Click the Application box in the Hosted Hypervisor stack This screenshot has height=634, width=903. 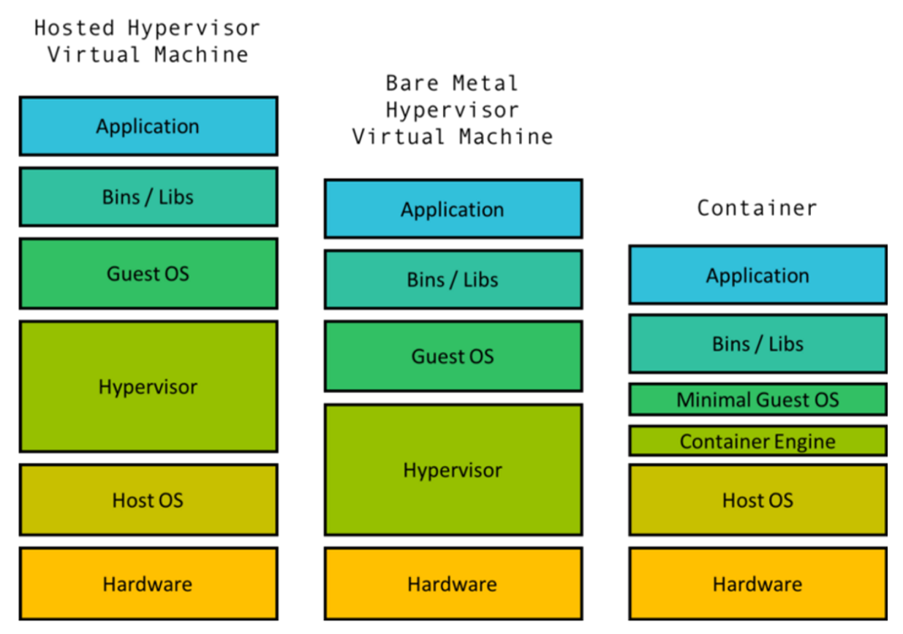148,126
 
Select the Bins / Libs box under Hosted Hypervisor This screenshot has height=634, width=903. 148,196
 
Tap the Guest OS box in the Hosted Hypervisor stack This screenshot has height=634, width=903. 148,273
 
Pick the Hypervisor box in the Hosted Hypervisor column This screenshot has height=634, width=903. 148,386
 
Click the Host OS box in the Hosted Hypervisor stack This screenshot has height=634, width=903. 148,500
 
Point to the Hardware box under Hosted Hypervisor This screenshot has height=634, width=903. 148,584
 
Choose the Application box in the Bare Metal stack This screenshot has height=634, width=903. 453,209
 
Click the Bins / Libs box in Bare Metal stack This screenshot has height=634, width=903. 453,279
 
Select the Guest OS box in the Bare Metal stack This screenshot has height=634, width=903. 453,356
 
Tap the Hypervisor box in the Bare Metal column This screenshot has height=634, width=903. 453,470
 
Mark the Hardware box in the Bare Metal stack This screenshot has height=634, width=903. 453,584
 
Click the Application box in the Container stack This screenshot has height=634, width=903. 757,275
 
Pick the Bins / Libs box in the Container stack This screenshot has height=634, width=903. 757,343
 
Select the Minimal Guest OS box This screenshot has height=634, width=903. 757,400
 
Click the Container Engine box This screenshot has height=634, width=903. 757,441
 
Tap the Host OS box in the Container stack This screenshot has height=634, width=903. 757,500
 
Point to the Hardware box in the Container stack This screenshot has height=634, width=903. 757,584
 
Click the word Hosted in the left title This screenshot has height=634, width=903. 75,28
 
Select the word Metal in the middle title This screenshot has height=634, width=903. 485,83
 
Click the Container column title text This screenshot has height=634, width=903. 757,208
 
